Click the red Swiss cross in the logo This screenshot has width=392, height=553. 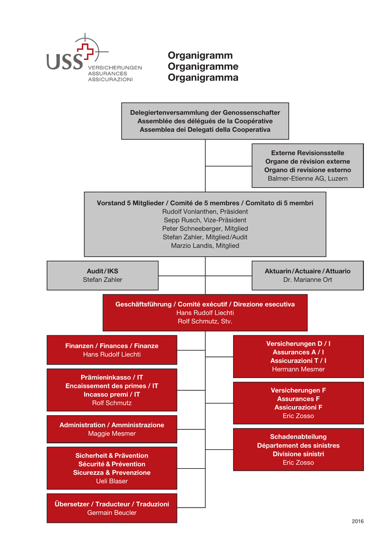[x=85, y=51]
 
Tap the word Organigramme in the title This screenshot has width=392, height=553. [x=203, y=66]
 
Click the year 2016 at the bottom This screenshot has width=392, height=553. [x=358, y=521]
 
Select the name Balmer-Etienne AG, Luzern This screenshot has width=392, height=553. [x=308, y=178]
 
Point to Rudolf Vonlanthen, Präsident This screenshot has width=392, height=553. [x=205, y=212]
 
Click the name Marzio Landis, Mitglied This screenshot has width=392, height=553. [x=205, y=246]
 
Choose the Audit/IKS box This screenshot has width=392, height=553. [x=102, y=275]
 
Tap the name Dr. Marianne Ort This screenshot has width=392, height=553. [x=308, y=280]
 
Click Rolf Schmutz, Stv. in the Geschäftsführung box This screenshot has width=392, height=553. [x=205, y=321]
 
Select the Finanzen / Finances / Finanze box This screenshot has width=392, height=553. [x=112, y=350]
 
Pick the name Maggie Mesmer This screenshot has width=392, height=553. [x=112, y=434]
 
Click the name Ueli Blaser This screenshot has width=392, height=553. [x=112, y=481]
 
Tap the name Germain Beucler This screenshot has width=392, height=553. [x=112, y=513]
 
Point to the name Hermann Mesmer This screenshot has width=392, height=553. [x=298, y=369]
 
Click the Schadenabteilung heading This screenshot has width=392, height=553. [x=298, y=437]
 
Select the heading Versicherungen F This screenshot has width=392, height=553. [x=298, y=390]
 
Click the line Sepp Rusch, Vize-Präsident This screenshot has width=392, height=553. [x=205, y=220]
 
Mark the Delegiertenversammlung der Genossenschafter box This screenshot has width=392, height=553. [x=205, y=121]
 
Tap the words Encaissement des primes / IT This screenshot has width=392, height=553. [x=112, y=386]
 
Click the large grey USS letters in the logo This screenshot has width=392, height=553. [x=65, y=61]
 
